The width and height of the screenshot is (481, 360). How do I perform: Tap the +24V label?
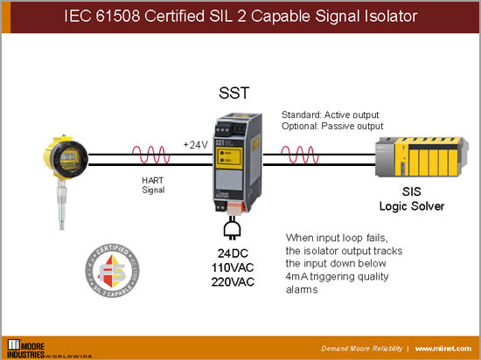click(196, 143)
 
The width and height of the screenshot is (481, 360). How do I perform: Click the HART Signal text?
click(153, 184)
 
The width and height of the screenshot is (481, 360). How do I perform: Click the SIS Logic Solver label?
click(411, 200)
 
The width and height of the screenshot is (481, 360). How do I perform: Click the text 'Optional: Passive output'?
click(332, 127)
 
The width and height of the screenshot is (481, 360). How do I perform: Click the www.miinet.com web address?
click(444, 348)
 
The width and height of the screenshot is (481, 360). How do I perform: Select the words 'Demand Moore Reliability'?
click(362, 348)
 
